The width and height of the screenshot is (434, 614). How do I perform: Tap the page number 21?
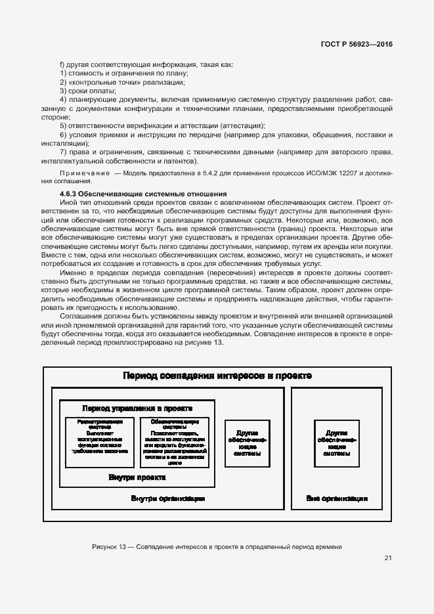pyautogui.click(x=388, y=558)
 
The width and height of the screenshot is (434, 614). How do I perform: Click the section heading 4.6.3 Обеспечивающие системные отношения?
pyautogui.click(x=143, y=194)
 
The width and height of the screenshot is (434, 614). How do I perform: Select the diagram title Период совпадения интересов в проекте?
pyautogui.click(x=217, y=376)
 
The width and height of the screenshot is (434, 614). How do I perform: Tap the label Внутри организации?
pyautogui.click(x=168, y=498)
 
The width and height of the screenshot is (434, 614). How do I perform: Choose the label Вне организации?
pyautogui.click(x=336, y=498)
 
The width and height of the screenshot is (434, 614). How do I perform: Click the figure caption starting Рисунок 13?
pyautogui.click(x=217, y=546)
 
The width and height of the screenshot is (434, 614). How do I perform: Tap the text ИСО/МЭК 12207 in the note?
pyautogui.click(x=331, y=173)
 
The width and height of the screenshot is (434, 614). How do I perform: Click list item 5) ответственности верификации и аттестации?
pyautogui.click(x=162, y=125)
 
